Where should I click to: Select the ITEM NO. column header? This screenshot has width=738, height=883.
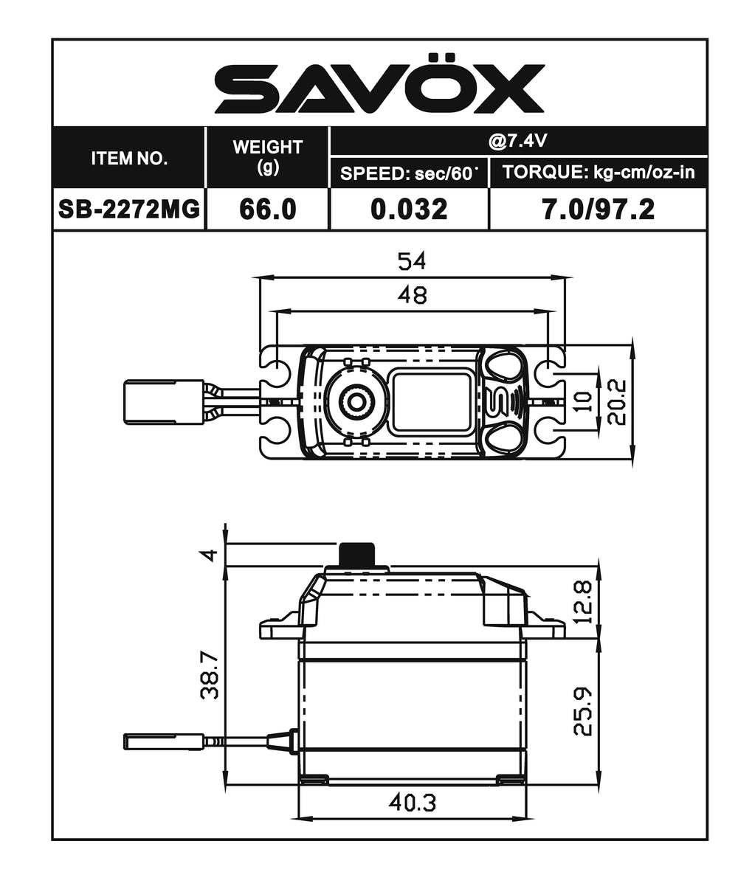coord(129,158)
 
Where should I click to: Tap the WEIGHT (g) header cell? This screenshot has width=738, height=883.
coord(267,156)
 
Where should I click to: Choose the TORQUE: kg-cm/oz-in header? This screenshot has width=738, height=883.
coord(599,174)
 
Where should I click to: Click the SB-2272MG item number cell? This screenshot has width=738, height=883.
coord(129,210)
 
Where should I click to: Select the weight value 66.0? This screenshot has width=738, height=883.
coord(267,210)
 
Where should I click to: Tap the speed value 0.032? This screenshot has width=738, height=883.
coord(409,210)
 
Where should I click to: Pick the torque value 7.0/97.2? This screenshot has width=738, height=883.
coord(599,210)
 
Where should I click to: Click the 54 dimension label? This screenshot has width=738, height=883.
coord(412,261)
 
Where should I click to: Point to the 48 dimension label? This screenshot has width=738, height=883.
coord(412,294)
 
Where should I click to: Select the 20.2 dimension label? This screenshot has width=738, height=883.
coord(618,403)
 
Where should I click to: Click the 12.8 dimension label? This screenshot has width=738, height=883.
coord(583,601)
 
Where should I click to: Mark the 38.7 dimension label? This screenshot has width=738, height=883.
coord(210,677)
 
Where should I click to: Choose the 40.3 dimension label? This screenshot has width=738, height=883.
coord(412,803)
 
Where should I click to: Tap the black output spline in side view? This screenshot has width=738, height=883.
coord(357,555)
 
